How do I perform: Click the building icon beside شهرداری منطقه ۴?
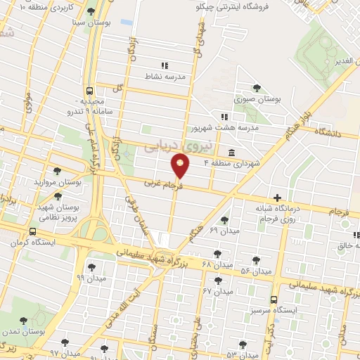[x=231, y=153]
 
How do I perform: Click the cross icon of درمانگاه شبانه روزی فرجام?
[x=278, y=199]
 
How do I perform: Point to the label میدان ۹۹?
[x=91, y=278]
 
